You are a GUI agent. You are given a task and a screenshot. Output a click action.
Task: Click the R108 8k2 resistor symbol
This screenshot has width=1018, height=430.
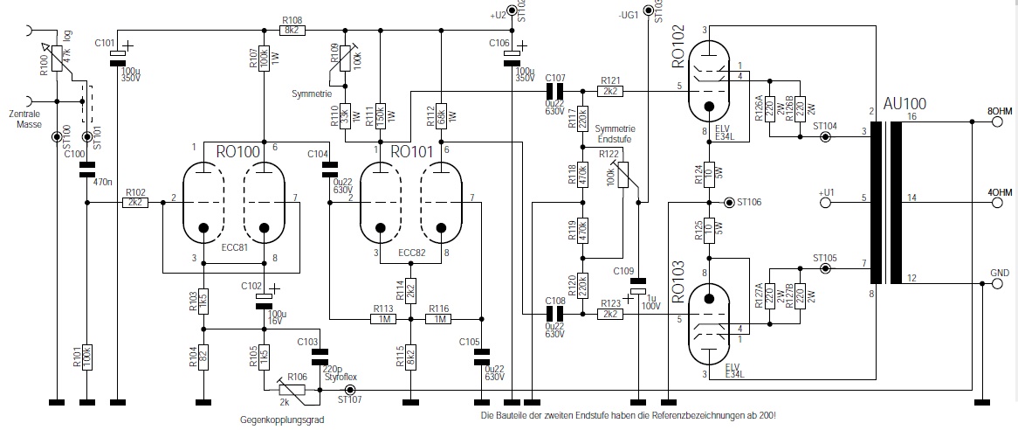coord(292,30)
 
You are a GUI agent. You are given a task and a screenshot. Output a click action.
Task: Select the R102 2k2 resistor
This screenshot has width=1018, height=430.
coord(135,202)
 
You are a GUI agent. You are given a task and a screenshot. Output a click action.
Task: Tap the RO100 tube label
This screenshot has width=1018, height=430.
coord(237,151)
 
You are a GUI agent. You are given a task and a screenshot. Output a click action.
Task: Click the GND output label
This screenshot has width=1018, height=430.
coord(1001,273)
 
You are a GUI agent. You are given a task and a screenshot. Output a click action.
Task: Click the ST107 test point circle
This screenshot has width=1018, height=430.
coord(351,389)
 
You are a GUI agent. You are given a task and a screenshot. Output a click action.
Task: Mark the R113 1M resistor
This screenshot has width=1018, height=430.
coord(382,320)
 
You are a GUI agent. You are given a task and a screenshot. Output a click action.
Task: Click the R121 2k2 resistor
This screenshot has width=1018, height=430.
coord(609,91)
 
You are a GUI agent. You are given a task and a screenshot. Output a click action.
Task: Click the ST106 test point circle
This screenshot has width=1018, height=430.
coord(729,203)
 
